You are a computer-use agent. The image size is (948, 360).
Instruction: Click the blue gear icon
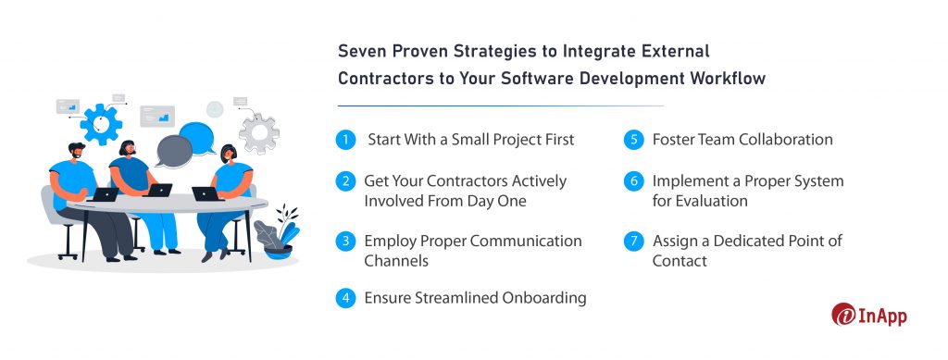[x=101, y=123]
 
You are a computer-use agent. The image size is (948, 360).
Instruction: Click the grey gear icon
[x=258, y=132]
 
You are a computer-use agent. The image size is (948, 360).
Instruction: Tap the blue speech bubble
[x=197, y=139]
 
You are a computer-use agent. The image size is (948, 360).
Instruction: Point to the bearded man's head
[x=77, y=152]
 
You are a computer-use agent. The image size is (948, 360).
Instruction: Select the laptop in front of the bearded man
[x=105, y=194]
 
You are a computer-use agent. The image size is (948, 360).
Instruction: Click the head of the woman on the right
[x=228, y=154]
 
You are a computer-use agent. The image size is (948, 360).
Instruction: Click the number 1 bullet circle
[x=345, y=140]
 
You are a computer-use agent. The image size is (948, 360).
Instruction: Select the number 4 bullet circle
[x=345, y=298]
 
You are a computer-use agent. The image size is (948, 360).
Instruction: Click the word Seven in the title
[x=363, y=50]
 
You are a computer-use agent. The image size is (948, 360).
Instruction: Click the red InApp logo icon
[x=844, y=315]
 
